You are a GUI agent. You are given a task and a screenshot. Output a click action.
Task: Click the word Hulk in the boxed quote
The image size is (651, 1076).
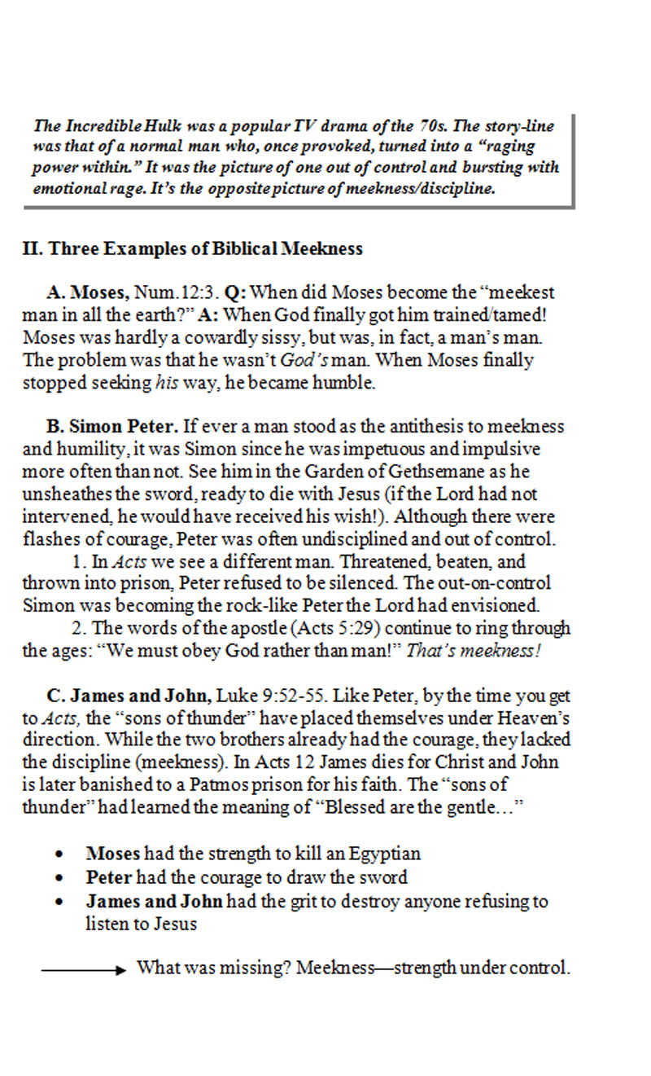[166, 126]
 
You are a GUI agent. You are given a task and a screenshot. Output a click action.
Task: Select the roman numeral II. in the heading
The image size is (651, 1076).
[33, 249]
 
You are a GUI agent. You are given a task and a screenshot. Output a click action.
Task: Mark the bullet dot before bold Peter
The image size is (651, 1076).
[59, 879]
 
